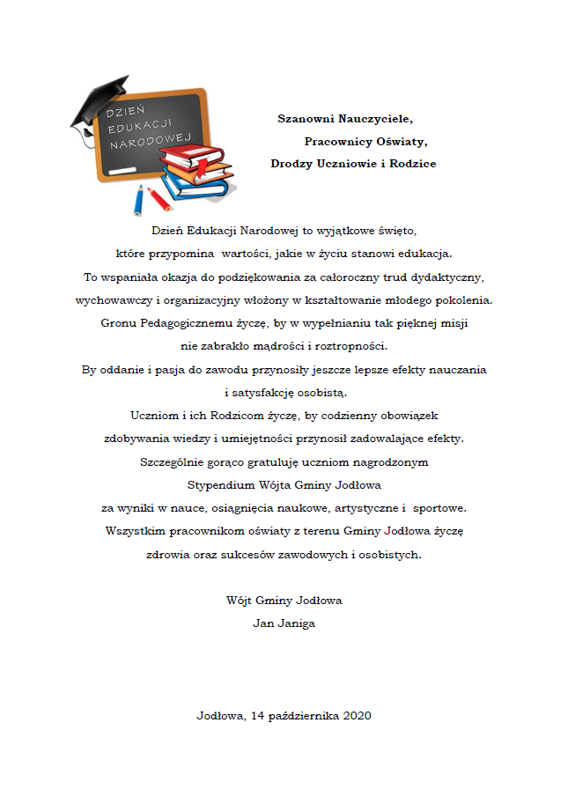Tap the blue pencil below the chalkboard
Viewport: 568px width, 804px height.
(x=139, y=201)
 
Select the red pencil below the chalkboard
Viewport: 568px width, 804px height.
(x=159, y=198)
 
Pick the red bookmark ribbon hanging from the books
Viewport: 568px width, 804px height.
(x=201, y=167)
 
